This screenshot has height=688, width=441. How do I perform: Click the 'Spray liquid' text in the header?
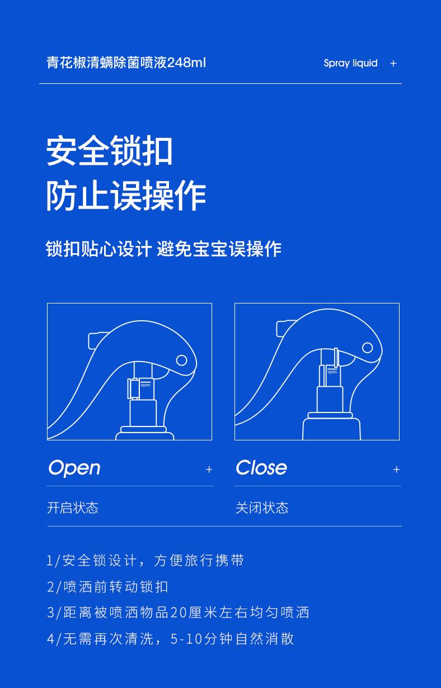(x=350, y=63)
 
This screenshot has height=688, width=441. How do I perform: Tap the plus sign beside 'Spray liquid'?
(x=393, y=64)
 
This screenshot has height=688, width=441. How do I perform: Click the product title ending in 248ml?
(x=126, y=63)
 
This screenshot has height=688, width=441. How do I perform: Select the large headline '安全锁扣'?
(x=110, y=151)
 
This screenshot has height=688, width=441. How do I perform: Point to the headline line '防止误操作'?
(x=126, y=196)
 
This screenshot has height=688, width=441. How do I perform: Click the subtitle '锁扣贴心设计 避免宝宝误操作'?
(x=163, y=249)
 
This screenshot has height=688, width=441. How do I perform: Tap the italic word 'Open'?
(x=74, y=468)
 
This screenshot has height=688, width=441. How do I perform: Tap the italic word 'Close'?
(x=261, y=467)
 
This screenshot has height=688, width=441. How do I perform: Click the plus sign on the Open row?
(x=209, y=469)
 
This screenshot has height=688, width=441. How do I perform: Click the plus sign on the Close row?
(x=396, y=469)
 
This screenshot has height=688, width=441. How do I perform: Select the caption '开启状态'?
(x=73, y=507)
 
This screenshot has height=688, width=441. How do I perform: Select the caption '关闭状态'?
(x=262, y=507)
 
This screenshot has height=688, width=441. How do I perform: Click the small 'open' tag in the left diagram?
(x=146, y=385)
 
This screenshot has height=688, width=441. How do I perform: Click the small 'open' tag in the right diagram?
(x=332, y=372)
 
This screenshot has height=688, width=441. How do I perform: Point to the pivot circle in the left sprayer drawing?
(x=181, y=360)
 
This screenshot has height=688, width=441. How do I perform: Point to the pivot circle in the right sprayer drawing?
(x=368, y=348)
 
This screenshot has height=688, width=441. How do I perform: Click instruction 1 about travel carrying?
(x=146, y=561)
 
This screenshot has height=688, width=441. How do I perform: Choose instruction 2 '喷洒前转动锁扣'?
(x=107, y=587)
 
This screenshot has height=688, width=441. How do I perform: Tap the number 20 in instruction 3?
(x=179, y=613)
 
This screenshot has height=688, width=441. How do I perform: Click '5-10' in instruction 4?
(x=186, y=639)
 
